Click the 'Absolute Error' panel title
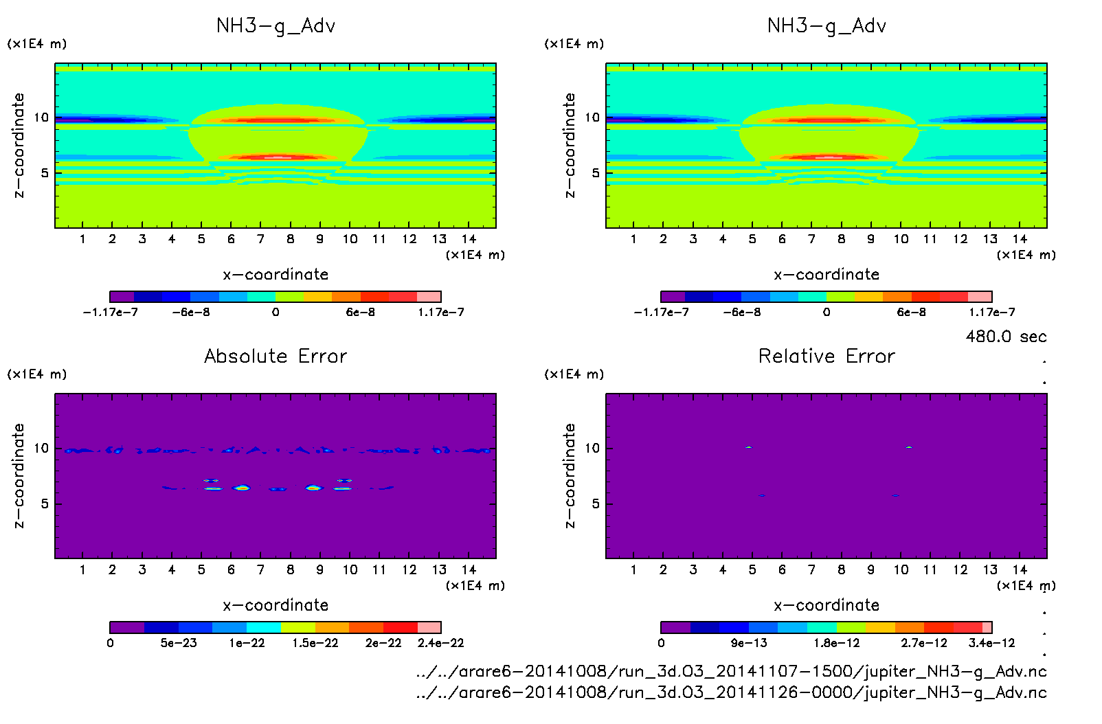coord(275,356)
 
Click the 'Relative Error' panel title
coord(826,356)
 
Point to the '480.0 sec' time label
coord(1006,337)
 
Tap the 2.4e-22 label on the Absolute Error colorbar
coord(440,643)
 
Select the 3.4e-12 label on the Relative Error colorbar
coord(991,643)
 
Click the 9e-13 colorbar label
coord(749,643)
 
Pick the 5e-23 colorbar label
coord(179,643)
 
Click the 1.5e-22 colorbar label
coord(315,643)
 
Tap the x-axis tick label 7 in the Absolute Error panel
coord(260,569)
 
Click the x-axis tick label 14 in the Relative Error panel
coord(1020,569)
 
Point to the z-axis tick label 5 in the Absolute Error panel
coord(45,504)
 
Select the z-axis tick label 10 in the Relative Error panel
coord(592,448)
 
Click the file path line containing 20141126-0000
coord(731,692)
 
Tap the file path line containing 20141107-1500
coord(731,671)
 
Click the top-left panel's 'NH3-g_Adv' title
coord(275,26)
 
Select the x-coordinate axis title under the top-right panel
coord(826,275)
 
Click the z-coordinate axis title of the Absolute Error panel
coord(19,475)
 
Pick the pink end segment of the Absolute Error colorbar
coord(429,627)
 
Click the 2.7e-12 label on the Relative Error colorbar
coord(924,643)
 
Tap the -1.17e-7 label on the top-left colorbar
coord(110,313)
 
